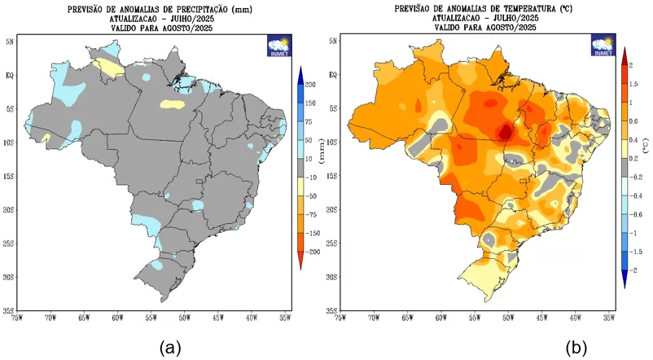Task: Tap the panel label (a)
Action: [169, 348]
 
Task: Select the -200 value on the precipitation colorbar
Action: [313, 252]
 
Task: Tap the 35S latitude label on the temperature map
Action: [331, 311]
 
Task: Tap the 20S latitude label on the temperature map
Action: [331, 210]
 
